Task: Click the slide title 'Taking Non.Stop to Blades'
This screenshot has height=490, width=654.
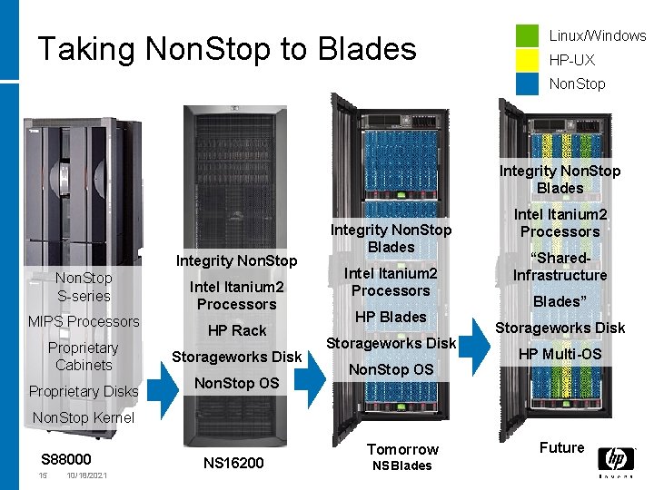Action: click(x=226, y=49)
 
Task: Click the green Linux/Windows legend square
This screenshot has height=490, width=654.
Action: click(x=528, y=36)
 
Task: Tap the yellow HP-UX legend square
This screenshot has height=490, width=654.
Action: click(x=528, y=60)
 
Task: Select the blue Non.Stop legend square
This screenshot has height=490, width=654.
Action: click(x=528, y=83)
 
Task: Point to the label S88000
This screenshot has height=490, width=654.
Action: click(x=66, y=459)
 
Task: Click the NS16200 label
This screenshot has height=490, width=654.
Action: click(x=233, y=463)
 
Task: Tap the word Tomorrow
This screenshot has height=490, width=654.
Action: click(x=402, y=449)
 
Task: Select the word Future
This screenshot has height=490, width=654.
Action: click(x=561, y=447)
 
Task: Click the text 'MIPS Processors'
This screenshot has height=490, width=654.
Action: click(x=84, y=321)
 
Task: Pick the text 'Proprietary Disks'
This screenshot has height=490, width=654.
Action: click(x=84, y=391)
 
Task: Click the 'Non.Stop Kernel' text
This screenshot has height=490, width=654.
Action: click(x=83, y=417)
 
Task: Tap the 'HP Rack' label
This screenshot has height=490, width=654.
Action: click(x=237, y=330)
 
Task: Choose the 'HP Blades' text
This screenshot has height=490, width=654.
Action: click(x=391, y=317)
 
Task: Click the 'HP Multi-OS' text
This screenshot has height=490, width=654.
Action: click(x=560, y=354)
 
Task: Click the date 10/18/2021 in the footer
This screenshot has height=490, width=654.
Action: click(x=87, y=475)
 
